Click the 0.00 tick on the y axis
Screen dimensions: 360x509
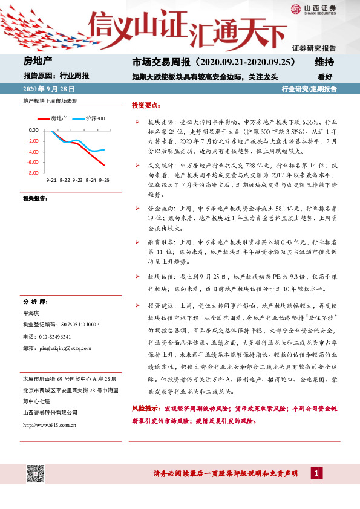(x=33, y=130)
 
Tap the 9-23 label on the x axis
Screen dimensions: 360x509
(x=77, y=180)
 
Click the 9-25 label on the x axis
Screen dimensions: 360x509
(x=104, y=180)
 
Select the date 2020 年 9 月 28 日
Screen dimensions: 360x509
(x=46, y=89)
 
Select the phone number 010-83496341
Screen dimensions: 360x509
(x=55, y=337)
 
